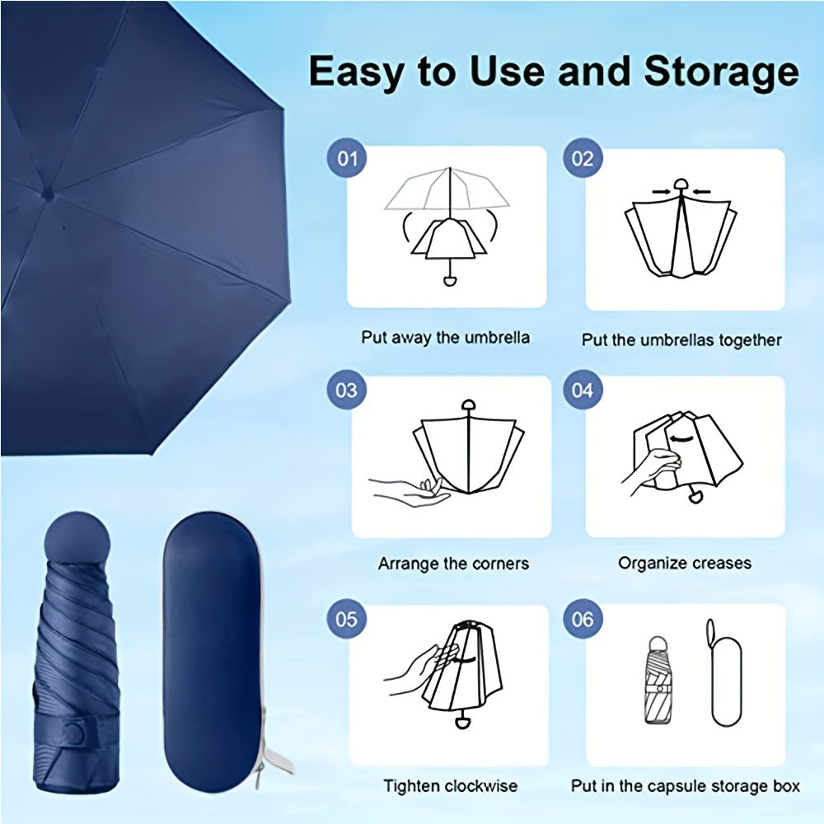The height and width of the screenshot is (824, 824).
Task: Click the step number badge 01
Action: [x=348, y=157]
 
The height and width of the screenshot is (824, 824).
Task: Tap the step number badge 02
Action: [x=583, y=157]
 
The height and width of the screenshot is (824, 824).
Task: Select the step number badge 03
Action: [x=348, y=388]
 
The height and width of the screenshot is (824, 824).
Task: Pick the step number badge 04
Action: [x=583, y=388]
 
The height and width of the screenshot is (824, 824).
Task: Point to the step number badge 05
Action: [x=348, y=618]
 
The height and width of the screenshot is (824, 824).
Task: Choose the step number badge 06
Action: [x=583, y=618]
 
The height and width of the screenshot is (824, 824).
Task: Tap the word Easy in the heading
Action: [x=356, y=73]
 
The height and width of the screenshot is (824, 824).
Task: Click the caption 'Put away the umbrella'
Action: [x=445, y=338]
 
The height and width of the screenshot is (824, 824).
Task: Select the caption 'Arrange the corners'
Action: [x=453, y=564]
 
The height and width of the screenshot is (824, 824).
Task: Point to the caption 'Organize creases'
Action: [x=685, y=564]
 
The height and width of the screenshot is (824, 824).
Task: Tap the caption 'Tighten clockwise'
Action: [x=450, y=786]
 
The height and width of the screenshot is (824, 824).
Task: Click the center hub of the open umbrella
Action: [x=46, y=195]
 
